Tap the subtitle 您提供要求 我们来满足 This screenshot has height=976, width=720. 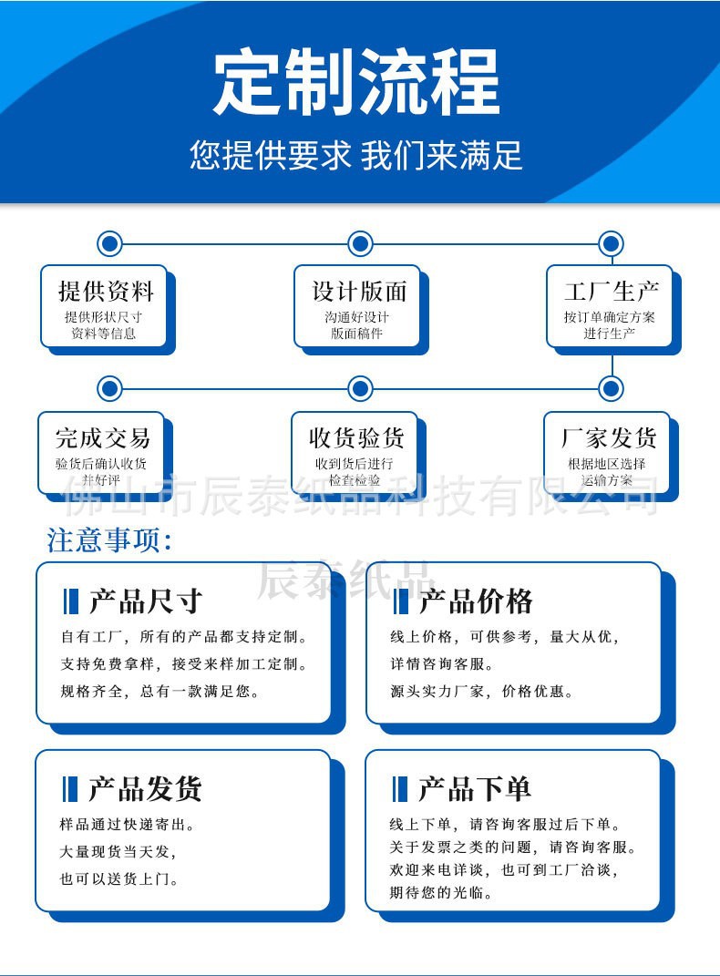tap(356, 155)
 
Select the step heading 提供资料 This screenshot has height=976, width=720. tap(106, 292)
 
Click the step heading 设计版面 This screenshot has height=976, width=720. tap(359, 292)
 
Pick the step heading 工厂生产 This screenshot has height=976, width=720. tap(611, 292)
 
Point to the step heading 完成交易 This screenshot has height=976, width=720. tap(102, 438)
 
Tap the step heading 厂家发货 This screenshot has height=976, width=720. tap(608, 438)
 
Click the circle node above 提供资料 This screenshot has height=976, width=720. tap(109, 243)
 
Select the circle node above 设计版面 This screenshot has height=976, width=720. tap(361, 243)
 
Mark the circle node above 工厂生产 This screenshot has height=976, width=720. tap(612, 243)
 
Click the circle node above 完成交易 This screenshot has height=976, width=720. tap(109, 389)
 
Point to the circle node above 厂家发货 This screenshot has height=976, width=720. tap(612, 389)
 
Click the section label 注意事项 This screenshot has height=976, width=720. tap(109, 540)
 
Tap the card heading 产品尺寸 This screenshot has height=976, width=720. tap(146, 601)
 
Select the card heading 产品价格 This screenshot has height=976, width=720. tap(475, 601)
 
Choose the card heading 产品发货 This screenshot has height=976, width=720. tap(145, 789)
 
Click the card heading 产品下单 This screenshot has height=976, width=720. tap(474, 789)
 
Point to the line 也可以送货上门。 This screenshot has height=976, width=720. tap(118, 879)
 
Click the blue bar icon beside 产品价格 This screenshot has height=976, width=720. tap(400, 601)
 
